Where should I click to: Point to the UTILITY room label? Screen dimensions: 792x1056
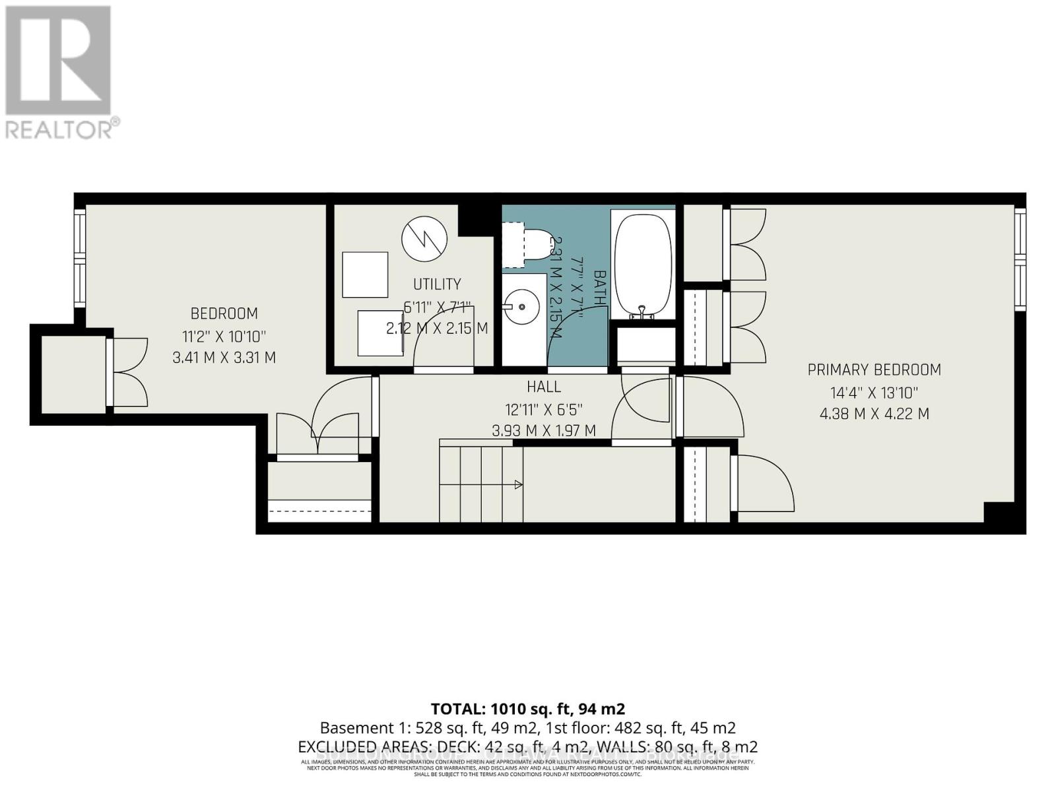pos(437,284)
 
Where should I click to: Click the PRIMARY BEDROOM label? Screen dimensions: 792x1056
pos(874,370)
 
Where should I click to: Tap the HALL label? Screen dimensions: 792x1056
pos(544,387)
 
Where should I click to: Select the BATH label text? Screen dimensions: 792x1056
pos(599,288)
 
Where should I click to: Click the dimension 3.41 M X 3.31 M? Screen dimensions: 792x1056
pos(224,358)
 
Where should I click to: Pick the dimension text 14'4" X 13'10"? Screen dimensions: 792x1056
pos(874,393)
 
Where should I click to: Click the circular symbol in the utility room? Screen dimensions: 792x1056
pos(424,239)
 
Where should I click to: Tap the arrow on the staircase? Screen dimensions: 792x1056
pos(518,485)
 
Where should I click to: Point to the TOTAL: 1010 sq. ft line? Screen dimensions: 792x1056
pos(527,709)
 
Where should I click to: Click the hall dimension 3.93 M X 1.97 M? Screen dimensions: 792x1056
pos(544,431)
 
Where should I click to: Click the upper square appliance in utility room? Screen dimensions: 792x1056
pos(365,275)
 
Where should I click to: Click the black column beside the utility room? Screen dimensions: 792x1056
pos(476,219)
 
